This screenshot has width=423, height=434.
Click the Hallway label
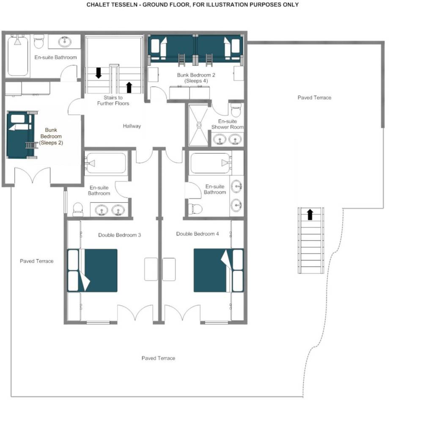click(132, 126)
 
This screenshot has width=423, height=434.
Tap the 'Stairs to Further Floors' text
click(113, 100)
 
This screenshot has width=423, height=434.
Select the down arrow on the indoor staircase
click(99, 73)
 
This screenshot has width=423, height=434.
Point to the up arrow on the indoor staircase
click(129, 87)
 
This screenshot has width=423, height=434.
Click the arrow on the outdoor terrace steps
click(310, 215)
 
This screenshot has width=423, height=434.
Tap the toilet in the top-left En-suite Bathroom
click(39, 41)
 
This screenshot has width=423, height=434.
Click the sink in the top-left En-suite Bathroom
click(65, 42)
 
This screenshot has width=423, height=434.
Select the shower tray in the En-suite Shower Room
click(198, 125)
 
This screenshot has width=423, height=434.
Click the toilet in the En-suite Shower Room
click(236, 110)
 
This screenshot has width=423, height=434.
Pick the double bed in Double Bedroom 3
click(92, 271)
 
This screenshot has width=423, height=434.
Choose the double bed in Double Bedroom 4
click(218, 271)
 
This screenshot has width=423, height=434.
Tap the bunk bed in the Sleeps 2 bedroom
click(21, 135)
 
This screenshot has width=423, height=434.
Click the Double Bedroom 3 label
click(119, 235)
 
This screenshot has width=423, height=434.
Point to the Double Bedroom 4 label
click(198, 234)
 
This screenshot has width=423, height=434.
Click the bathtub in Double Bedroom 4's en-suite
click(211, 163)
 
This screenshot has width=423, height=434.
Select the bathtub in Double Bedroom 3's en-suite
click(106, 163)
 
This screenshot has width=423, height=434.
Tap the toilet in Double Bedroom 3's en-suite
click(78, 210)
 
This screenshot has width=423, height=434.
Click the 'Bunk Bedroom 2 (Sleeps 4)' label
click(196, 78)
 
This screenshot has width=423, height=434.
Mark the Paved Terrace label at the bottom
click(159, 358)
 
